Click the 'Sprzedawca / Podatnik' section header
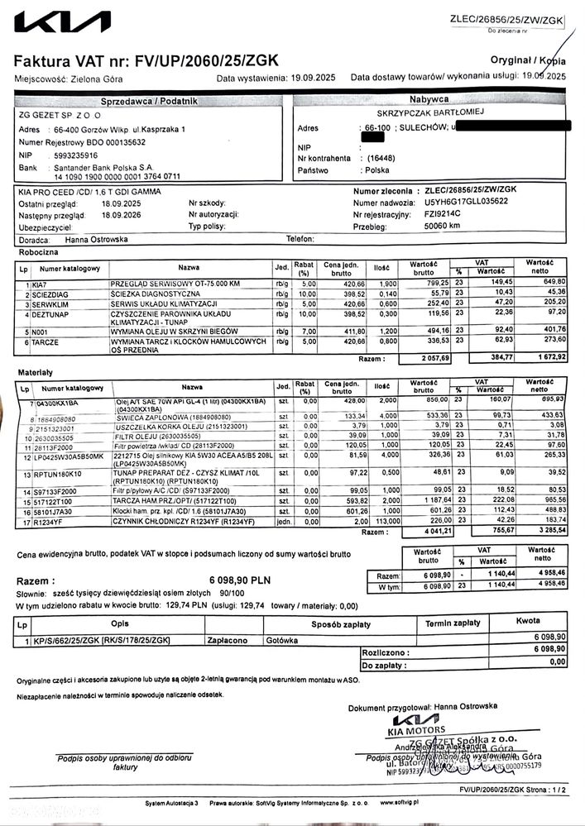click(x=149, y=101)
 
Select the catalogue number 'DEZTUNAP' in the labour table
click(x=52, y=314)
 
